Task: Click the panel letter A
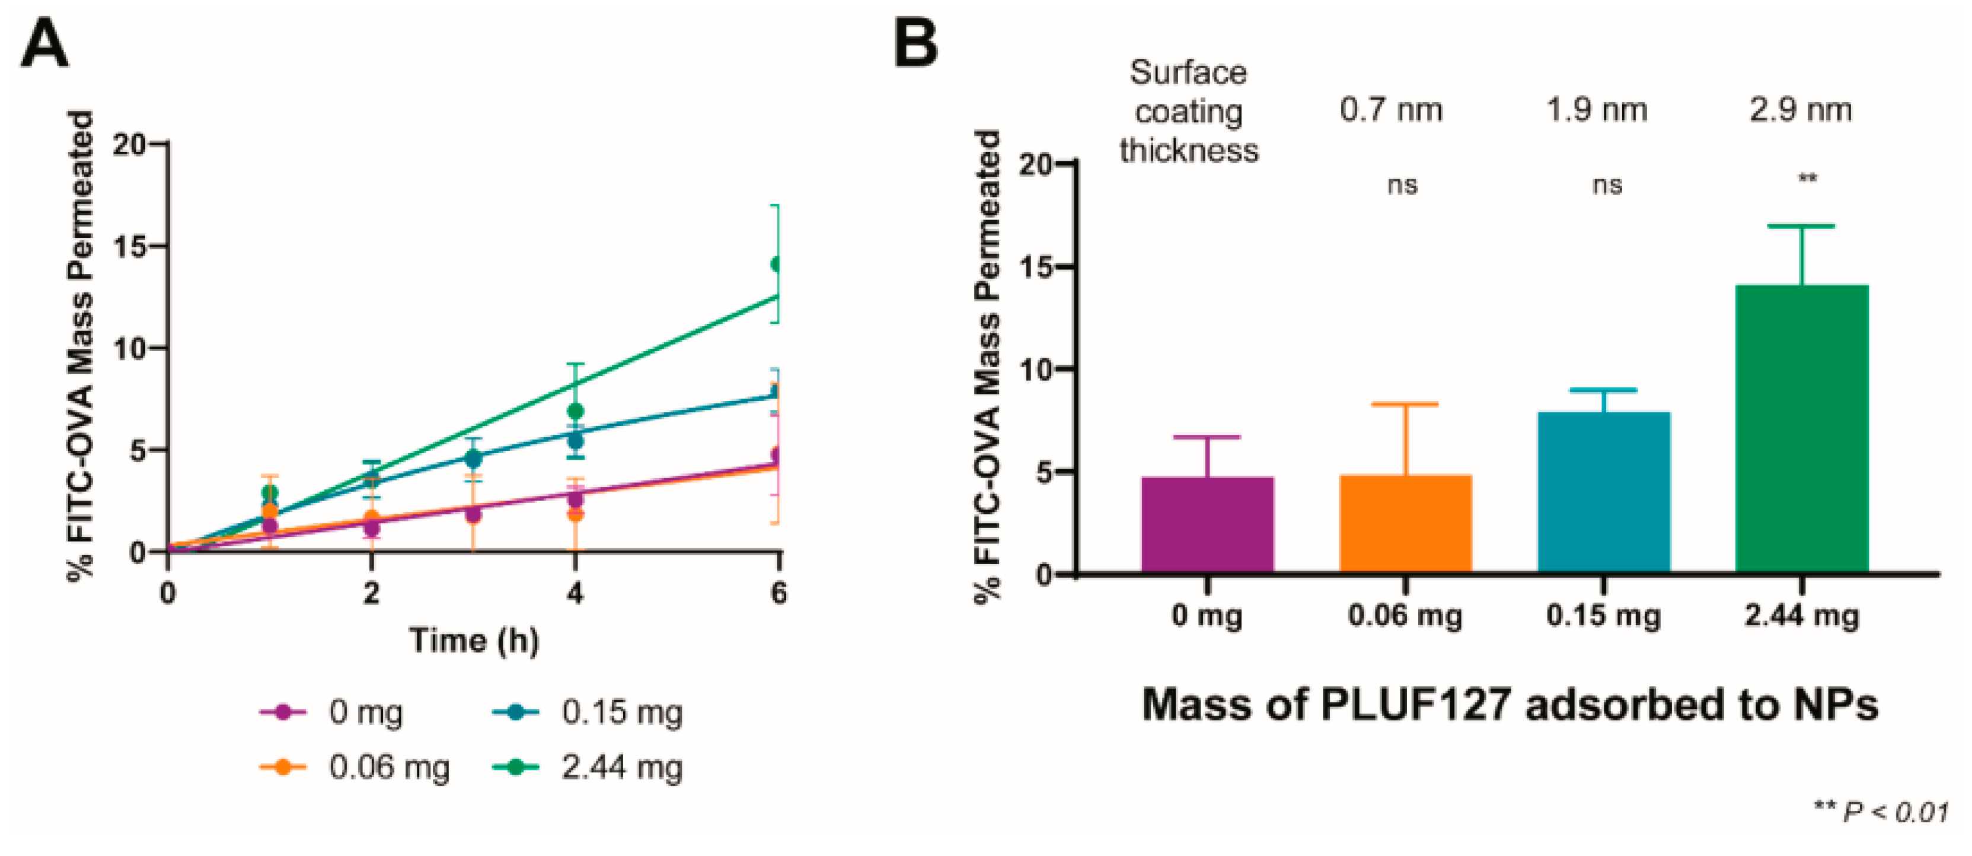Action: pyautogui.click(x=44, y=44)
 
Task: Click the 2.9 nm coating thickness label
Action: pyautogui.click(x=1801, y=110)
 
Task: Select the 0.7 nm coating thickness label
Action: pyautogui.click(x=1391, y=110)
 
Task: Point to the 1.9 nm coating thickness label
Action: pyautogui.click(x=1597, y=110)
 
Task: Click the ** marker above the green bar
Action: pyautogui.click(x=1807, y=179)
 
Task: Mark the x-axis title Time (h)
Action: pyautogui.click(x=475, y=640)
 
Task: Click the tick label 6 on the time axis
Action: pyautogui.click(x=778, y=593)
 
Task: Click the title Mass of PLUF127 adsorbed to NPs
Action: pyautogui.click(x=1510, y=704)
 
